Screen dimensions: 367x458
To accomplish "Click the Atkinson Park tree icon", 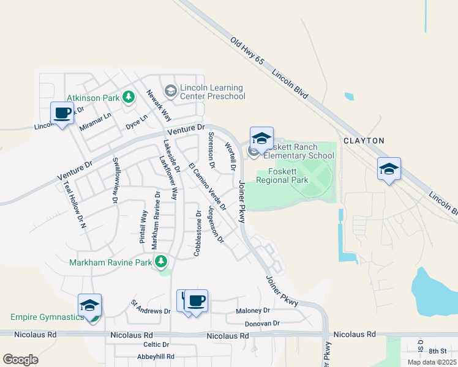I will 128,97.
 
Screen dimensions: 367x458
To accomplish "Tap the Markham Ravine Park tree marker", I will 161,262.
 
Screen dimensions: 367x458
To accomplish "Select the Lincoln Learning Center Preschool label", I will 208,92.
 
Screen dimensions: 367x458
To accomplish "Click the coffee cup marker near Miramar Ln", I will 62,113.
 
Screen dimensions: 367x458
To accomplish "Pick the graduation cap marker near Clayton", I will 389,169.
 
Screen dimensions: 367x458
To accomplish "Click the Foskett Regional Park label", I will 282,176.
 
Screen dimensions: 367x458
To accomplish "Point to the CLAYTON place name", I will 364,141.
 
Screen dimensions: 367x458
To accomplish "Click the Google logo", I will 20,360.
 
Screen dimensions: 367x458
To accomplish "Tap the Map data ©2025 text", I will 432,362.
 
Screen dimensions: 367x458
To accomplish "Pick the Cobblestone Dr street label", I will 198,234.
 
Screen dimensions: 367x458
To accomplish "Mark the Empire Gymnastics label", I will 47,317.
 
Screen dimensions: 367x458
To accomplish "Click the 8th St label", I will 438,350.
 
